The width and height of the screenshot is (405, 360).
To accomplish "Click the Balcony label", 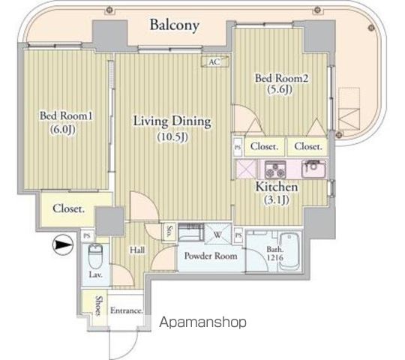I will click(x=174, y=25).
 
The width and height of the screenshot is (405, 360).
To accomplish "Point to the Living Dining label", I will click(x=172, y=121).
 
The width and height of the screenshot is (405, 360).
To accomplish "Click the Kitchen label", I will click(x=278, y=187).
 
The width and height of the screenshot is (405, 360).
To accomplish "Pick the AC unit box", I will click(x=214, y=62).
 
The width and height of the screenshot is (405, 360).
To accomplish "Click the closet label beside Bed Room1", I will click(x=68, y=208).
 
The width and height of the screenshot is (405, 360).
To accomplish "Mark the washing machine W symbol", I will click(x=217, y=234).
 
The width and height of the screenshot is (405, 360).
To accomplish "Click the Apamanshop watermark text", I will click(x=202, y=322).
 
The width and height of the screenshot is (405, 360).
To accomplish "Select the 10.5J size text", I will click(x=172, y=137).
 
